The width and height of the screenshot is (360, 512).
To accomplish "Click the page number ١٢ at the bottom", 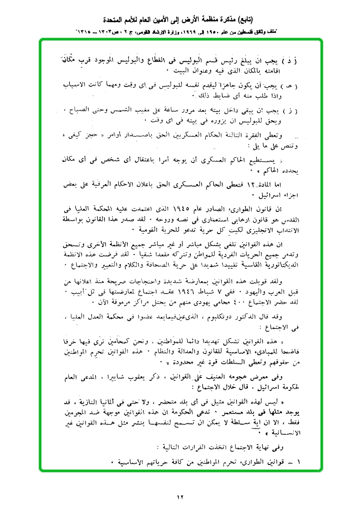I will [180, 497].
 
